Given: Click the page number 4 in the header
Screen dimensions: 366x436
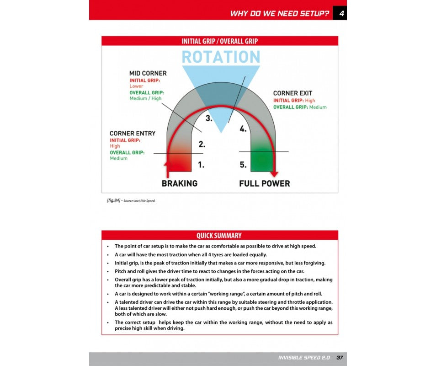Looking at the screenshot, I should point(340,13).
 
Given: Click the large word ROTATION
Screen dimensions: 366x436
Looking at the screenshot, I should point(221,57).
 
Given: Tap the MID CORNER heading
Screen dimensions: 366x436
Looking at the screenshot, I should point(148,73).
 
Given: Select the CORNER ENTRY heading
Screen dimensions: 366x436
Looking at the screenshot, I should point(133,134).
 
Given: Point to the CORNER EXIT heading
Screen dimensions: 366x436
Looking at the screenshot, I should point(292,93).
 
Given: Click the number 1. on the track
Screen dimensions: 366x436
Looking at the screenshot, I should point(201,165).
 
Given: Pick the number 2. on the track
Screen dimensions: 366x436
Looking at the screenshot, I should point(202,145).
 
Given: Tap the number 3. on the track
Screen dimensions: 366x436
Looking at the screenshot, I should point(209,119).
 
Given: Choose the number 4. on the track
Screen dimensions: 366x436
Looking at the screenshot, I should point(243,129).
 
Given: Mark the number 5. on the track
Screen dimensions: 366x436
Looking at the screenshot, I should point(243,165).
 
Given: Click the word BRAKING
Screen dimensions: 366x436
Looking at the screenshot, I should point(180,183).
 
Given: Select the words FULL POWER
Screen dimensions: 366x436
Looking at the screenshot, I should point(265,183).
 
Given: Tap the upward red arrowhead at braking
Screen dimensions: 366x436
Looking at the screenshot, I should point(168,163).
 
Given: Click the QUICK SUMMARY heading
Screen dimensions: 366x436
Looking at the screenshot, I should point(219,236).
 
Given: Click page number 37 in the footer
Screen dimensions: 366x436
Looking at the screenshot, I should point(340,357).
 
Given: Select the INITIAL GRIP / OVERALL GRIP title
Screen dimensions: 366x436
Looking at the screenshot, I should point(220,41).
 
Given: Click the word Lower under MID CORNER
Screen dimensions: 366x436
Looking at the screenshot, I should point(136,86).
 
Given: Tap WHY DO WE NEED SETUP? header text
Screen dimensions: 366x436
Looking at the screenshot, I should point(279,13).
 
